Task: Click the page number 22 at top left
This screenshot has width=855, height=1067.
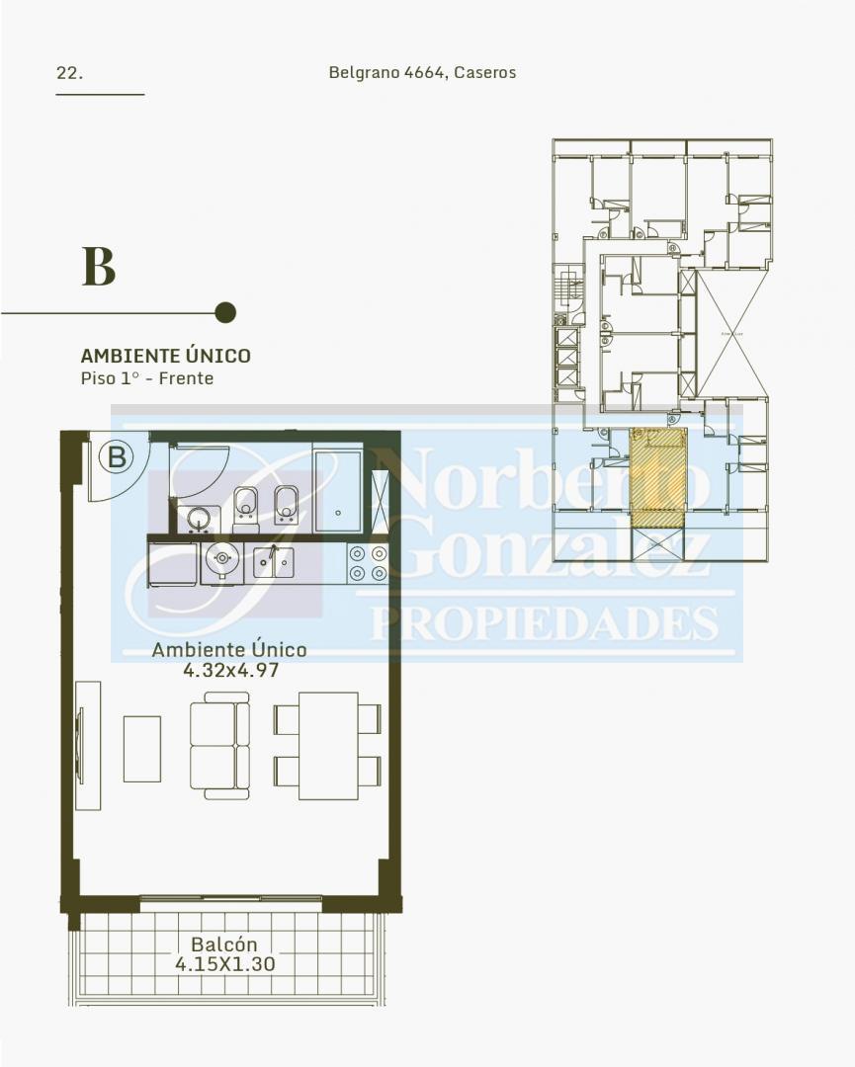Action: (69, 73)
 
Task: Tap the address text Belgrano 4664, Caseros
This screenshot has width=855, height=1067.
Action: (422, 72)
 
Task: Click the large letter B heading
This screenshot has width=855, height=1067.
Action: (99, 266)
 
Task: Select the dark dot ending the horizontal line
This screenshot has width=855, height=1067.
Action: (225, 312)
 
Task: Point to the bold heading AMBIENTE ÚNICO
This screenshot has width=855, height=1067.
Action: (165, 356)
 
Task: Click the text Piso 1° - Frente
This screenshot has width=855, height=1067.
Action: (147, 378)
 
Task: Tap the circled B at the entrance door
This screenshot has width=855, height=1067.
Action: (117, 456)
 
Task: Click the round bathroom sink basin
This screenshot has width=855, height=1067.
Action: (199, 519)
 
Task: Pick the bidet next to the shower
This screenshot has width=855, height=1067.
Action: (287, 504)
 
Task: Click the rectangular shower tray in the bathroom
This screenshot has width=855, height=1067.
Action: (338, 490)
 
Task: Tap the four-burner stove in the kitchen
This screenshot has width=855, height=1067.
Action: (368, 563)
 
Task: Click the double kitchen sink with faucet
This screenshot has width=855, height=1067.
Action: (274, 563)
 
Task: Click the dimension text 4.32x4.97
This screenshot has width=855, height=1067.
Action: (230, 670)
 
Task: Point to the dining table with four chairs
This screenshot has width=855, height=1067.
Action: (328, 746)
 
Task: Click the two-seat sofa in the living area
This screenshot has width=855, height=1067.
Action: (219, 746)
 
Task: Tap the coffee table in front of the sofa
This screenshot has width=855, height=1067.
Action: (142, 749)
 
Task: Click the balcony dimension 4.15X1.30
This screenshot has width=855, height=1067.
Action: (225, 964)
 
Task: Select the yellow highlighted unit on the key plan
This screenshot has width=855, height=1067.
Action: (657, 477)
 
